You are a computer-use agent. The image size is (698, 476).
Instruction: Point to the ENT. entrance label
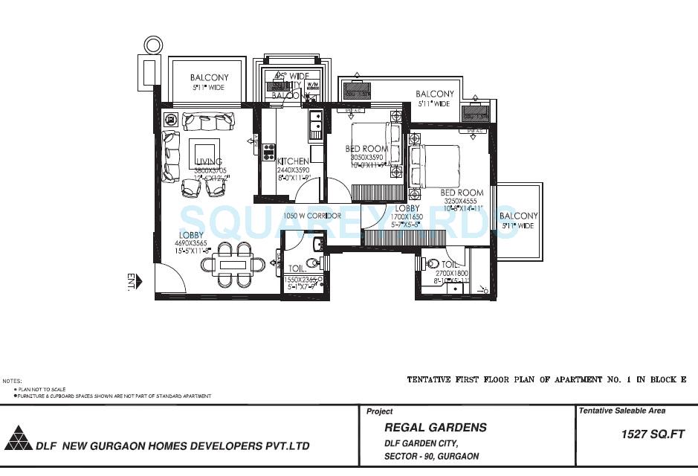coord(132,281)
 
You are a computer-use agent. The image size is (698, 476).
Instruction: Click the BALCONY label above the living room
coord(209,77)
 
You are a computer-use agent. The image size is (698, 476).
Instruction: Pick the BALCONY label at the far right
coord(518,216)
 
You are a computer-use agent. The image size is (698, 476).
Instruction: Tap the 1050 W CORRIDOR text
coord(312,216)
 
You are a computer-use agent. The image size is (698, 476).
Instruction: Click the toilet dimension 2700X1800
coord(451,274)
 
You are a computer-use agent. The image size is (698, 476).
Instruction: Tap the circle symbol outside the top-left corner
coord(152,45)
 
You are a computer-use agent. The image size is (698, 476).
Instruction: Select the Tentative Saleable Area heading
coord(622,411)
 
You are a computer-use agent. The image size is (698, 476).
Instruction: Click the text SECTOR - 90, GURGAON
coord(432,456)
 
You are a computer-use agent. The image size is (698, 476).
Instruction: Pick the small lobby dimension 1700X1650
coord(407,217)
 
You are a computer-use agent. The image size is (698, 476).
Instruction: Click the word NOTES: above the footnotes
coord(12,381)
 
